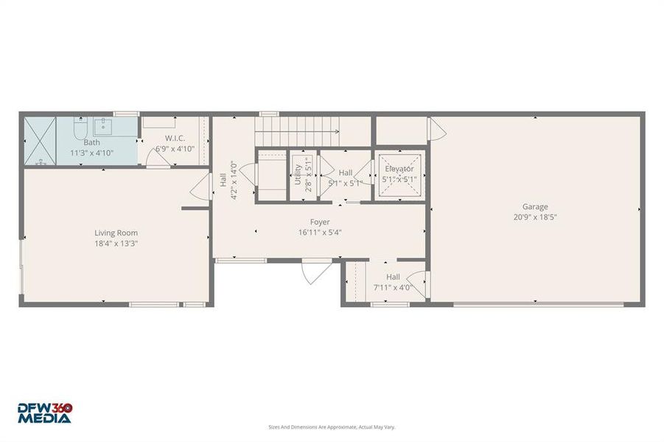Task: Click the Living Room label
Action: pyautogui.click(x=116, y=233)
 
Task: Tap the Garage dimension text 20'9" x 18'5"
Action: pyautogui.click(x=535, y=217)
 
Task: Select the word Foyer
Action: pyautogui.click(x=319, y=222)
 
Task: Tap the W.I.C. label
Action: pyautogui.click(x=175, y=138)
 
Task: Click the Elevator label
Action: pyautogui.click(x=399, y=169)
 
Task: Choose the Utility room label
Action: pyautogui.click(x=298, y=174)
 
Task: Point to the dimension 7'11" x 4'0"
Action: pyautogui.click(x=393, y=288)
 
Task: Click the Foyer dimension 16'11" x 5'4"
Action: pyautogui.click(x=319, y=232)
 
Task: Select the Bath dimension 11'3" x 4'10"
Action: pyautogui.click(x=91, y=152)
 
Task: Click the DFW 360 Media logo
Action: pyautogui.click(x=46, y=413)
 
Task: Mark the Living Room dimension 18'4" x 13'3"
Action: pyautogui.click(x=116, y=243)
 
